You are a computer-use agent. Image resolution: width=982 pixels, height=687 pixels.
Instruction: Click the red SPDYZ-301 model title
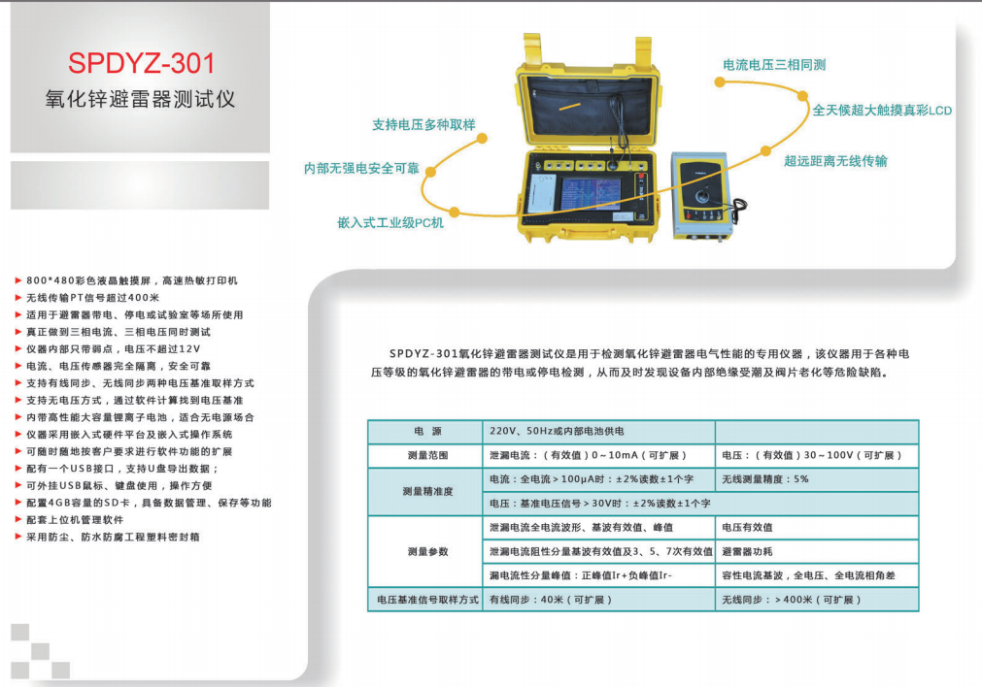tap(142, 63)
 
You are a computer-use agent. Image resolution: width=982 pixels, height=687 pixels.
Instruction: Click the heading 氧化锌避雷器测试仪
tap(140, 98)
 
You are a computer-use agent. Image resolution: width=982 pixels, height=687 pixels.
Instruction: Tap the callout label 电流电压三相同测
tap(774, 64)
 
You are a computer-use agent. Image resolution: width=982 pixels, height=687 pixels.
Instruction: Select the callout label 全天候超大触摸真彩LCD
tap(882, 110)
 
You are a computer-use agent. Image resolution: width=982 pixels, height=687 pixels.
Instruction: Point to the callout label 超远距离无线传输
tap(835, 161)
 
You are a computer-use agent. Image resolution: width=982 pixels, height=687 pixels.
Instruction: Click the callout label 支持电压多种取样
tap(424, 124)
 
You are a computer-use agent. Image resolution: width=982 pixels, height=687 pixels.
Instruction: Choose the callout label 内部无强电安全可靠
tap(361, 168)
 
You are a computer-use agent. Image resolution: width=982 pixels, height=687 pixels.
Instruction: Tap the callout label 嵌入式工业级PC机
tap(390, 223)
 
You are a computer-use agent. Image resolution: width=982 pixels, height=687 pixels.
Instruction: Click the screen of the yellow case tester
tap(590, 194)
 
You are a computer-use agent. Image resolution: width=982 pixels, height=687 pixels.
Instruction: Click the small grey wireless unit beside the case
tap(701, 195)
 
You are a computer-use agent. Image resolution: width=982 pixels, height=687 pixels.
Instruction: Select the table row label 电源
tap(427, 431)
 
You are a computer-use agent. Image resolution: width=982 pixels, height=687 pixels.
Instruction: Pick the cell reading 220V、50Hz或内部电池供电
tap(557, 431)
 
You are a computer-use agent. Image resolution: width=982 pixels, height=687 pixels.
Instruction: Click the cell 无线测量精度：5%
tap(764, 479)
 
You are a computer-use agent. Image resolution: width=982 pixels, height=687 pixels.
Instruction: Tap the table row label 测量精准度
tap(427, 491)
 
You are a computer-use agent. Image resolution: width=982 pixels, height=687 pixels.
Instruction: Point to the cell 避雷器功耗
tap(747, 551)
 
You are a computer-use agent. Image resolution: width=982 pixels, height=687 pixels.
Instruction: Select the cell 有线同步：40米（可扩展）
tap(551, 600)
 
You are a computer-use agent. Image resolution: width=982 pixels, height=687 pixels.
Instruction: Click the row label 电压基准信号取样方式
tap(427, 600)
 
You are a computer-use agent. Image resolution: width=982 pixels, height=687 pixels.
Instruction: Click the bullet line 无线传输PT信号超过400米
tap(92, 298)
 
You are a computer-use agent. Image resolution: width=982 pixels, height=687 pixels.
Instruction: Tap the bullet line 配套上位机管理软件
tap(75, 520)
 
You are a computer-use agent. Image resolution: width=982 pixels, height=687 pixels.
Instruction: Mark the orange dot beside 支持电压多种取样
tap(482, 139)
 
